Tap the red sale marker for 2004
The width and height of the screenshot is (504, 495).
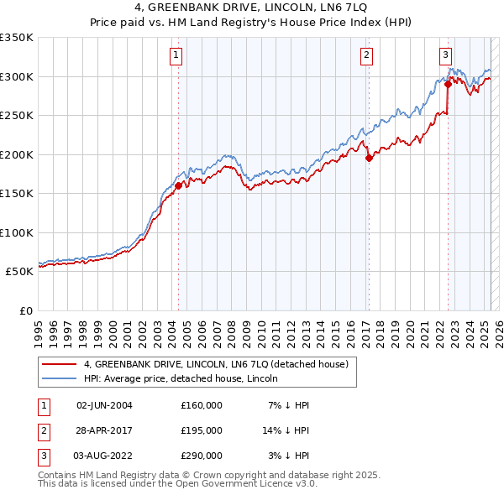coord(178,186)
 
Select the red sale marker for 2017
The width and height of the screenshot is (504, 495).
coord(369,159)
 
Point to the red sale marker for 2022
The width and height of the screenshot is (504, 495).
coord(448,84)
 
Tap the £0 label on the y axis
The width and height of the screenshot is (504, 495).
coord(25,311)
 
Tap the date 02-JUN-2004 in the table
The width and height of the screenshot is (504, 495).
coord(104,405)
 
